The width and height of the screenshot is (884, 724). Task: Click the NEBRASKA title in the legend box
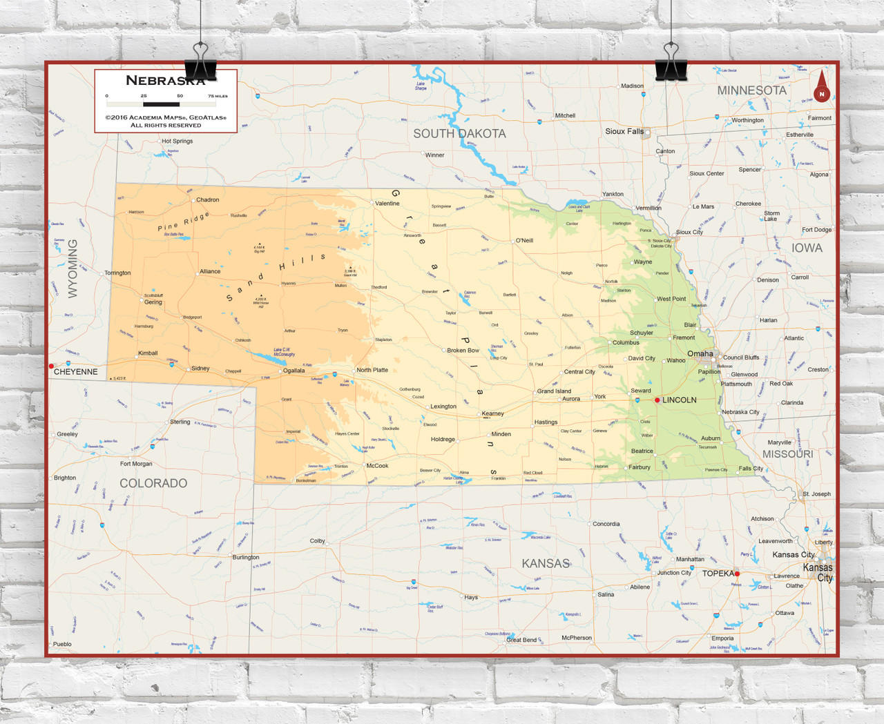[165, 81]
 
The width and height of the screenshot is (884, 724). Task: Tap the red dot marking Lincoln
[657, 400]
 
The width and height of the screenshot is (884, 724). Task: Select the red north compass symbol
[821, 88]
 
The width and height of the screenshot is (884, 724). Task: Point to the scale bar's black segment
[161, 104]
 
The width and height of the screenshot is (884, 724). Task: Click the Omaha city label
[700, 353]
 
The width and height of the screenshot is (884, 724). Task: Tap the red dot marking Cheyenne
[51, 366]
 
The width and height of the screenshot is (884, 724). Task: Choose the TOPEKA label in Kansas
[718, 574]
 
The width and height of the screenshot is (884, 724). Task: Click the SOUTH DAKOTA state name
[459, 134]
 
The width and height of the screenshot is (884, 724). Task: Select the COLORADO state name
[153, 483]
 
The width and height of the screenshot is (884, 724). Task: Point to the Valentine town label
[387, 204]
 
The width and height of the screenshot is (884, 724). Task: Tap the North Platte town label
[372, 370]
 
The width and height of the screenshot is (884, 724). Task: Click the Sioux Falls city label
[624, 131]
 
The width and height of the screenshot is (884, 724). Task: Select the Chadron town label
[207, 200]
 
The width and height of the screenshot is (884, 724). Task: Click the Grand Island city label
[554, 391]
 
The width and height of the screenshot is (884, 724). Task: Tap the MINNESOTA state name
[751, 90]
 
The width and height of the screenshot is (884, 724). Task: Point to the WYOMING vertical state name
[73, 268]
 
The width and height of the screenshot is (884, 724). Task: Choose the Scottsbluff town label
[153, 295]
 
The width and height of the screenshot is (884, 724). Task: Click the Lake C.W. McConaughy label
[284, 352]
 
